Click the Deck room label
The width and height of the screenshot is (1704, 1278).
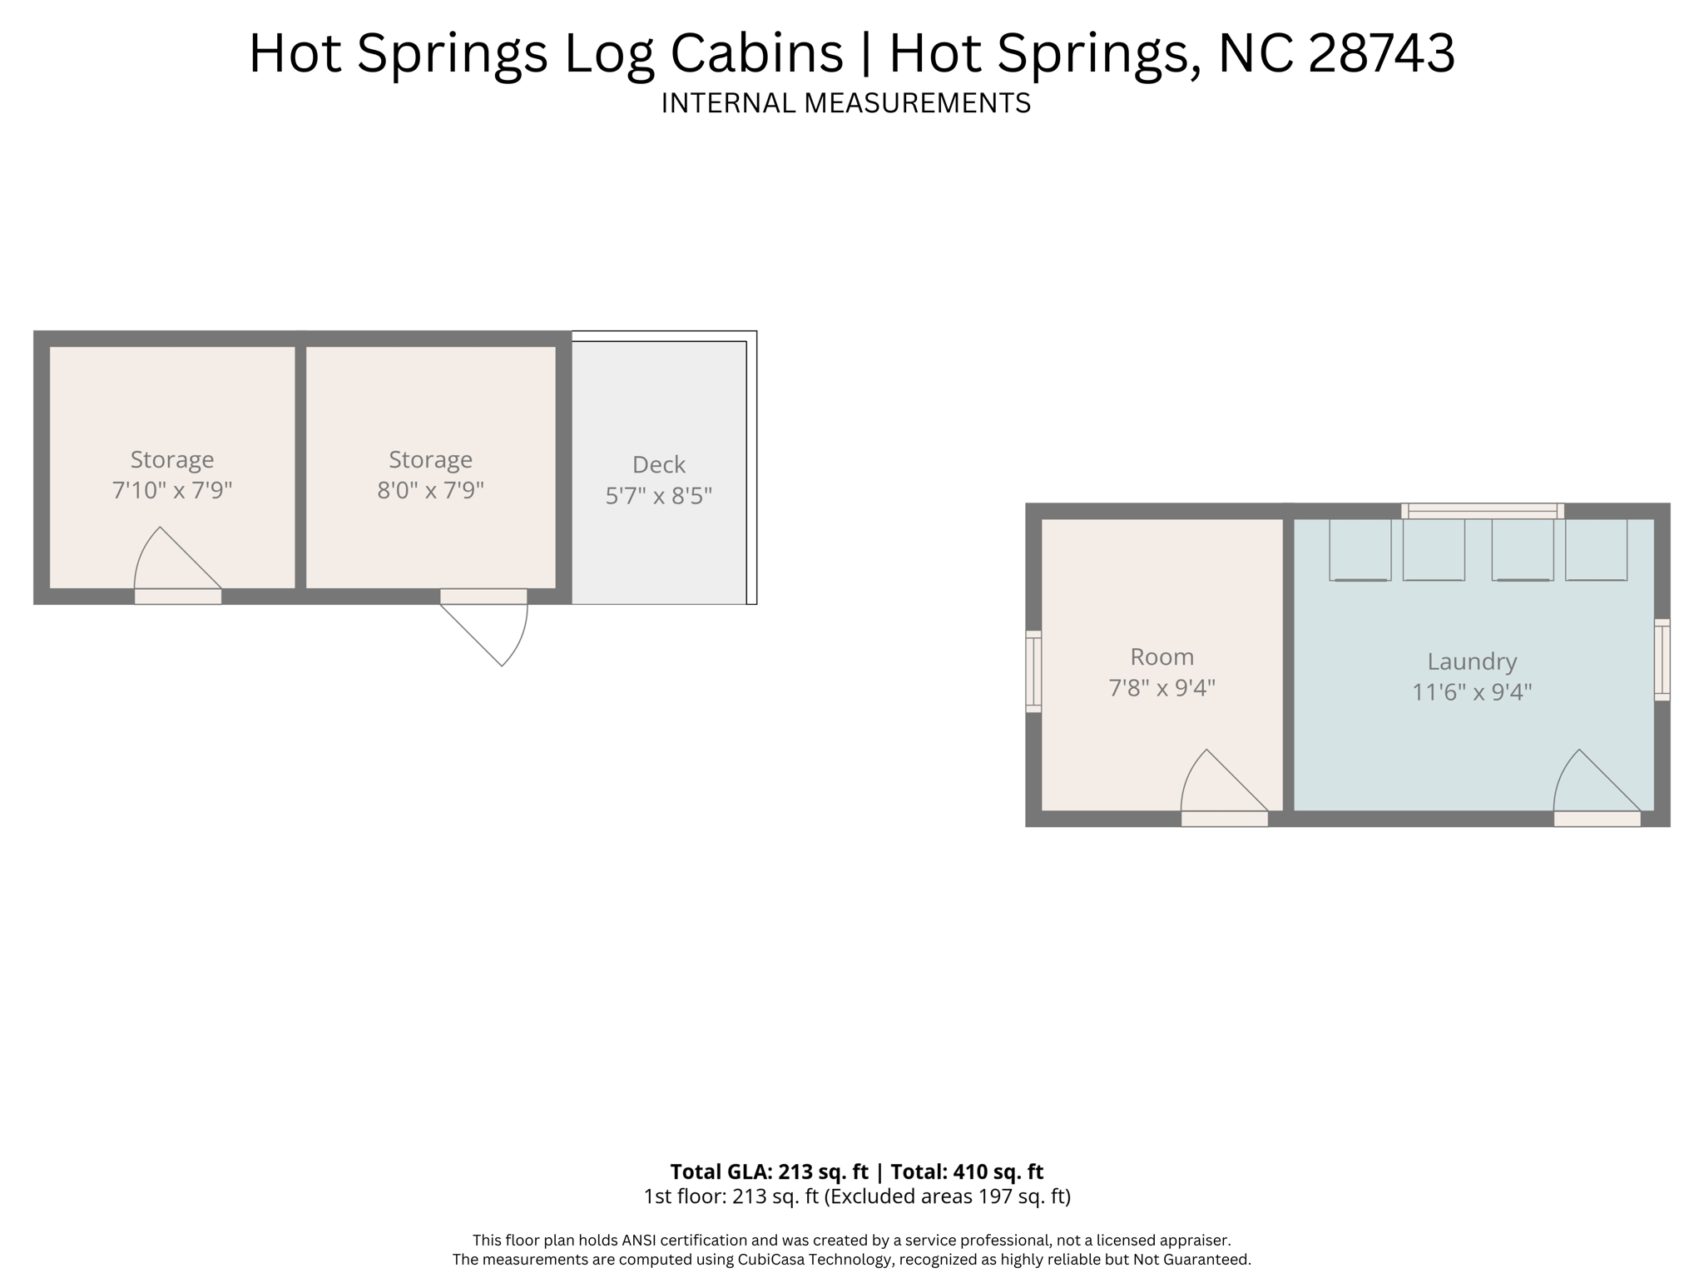(658, 464)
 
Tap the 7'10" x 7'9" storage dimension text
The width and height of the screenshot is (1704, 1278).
(171, 490)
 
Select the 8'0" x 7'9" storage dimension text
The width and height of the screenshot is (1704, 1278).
(430, 490)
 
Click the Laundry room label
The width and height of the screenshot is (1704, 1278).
(1472, 661)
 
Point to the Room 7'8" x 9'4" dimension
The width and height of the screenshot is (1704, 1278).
(1162, 688)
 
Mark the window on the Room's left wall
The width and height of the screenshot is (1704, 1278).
(1033, 671)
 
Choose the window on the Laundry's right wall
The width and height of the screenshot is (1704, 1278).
(1662, 660)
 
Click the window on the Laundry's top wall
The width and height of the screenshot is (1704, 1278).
(1482, 511)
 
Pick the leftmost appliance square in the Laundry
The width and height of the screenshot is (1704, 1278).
(1360, 550)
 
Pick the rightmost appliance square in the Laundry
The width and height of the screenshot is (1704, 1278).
(1596, 550)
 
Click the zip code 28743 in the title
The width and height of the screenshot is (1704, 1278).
(1381, 53)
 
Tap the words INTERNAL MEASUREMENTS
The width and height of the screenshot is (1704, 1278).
(845, 103)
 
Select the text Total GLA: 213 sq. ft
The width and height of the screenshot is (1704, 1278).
(769, 1171)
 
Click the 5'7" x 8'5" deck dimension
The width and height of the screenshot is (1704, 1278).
(658, 496)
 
